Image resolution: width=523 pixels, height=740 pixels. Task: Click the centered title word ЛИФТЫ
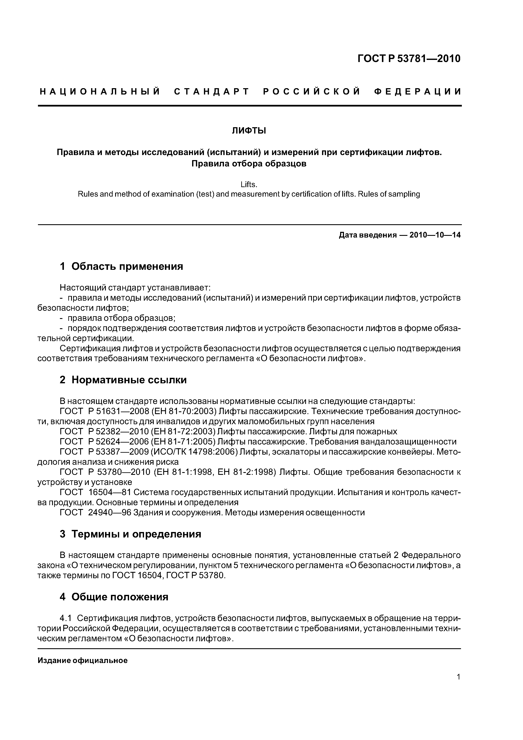[249, 131]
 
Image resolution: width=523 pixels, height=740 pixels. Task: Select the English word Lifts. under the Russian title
[249, 185]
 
